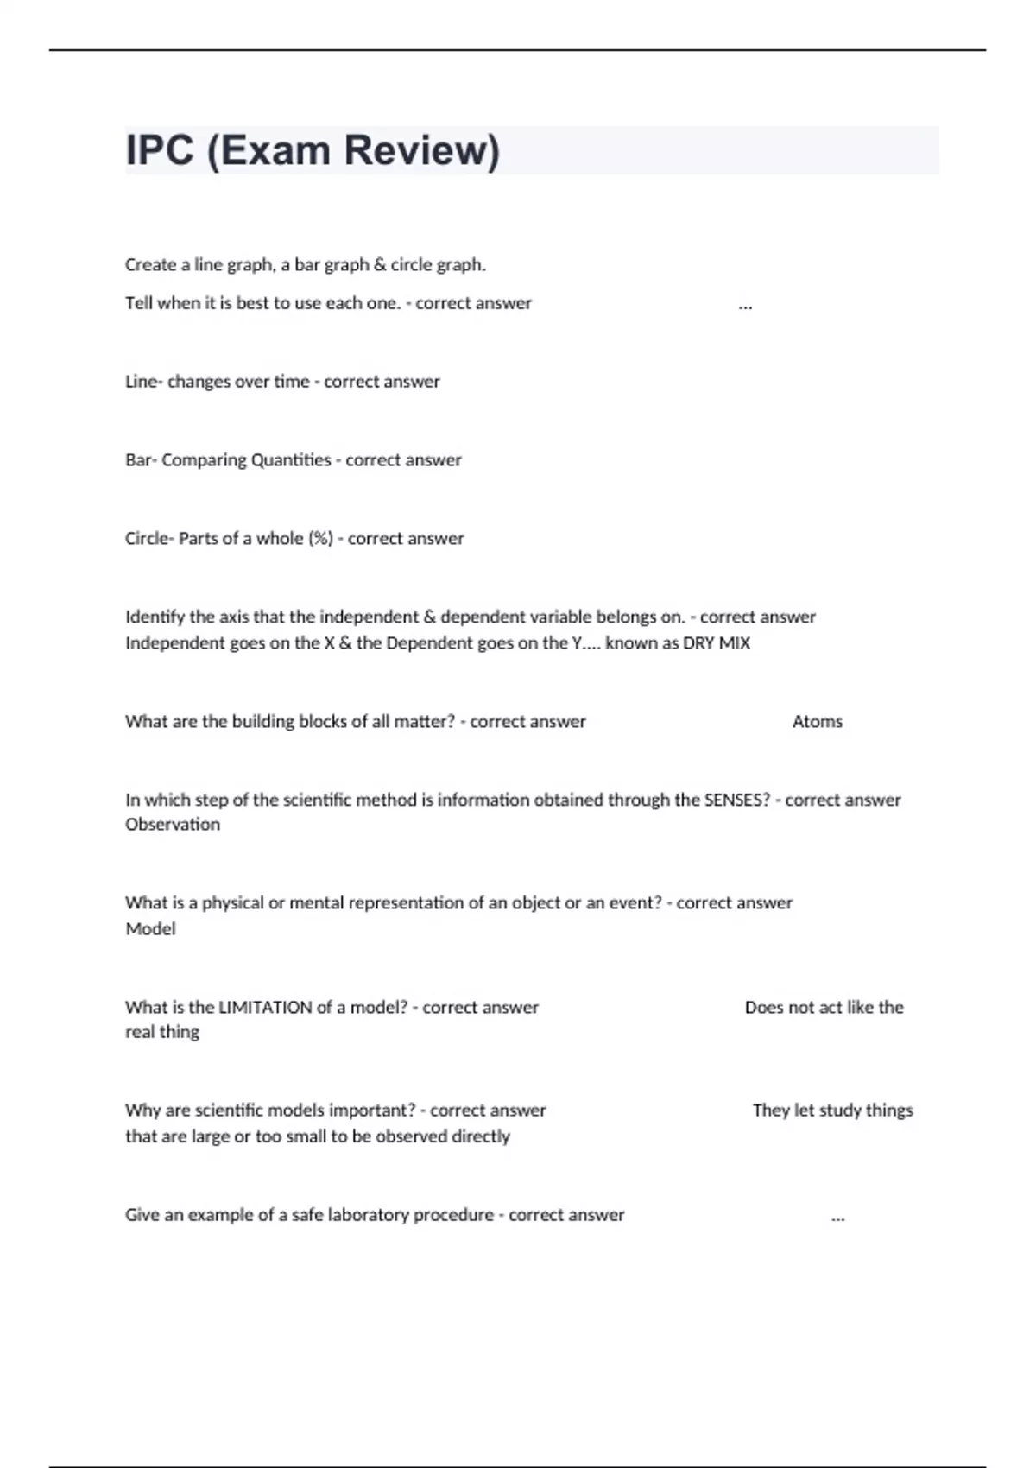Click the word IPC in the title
[x=160, y=150]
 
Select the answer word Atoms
[x=817, y=721]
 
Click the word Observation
[x=173, y=825]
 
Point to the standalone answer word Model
[x=150, y=929]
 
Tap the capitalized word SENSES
[x=736, y=800]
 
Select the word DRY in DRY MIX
[x=698, y=643]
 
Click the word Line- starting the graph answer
[x=143, y=382]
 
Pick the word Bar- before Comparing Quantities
[x=141, y=460]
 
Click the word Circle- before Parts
[x=149, y=539]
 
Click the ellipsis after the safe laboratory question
[x=837, y=1218]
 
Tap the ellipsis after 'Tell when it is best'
[x=745, y=306]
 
